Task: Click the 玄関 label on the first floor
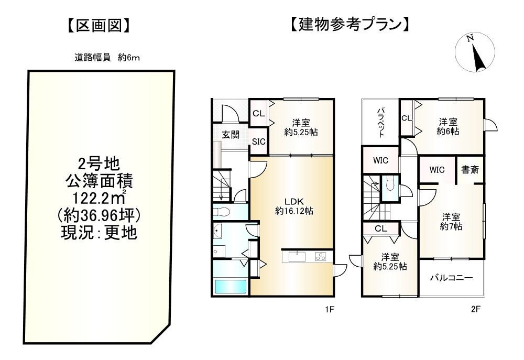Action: [x=231, y=135]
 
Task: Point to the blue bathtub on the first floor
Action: [x=231, y=287]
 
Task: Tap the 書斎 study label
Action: [x=469, y=170]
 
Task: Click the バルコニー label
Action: [x=452, y=278]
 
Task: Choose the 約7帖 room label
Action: [x=451, y=222]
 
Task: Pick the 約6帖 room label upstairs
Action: [x=449, y=127]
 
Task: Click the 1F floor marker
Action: [x=329, y=309]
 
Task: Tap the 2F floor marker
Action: [x=475, y=309]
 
